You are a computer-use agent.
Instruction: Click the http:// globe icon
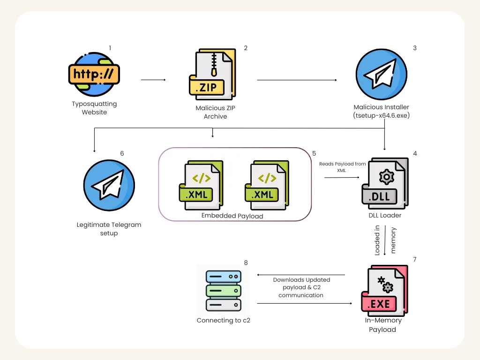(94, 74)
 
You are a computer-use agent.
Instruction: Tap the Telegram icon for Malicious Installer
(381, 75)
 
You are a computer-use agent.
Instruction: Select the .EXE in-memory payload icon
(384, 289)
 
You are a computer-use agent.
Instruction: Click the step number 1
(110, 48)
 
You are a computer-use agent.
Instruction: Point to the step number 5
(314, 153)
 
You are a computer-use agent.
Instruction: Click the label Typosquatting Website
(94, 108)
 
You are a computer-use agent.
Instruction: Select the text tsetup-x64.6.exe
(382, 116)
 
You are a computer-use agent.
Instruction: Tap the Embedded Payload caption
(232, 216)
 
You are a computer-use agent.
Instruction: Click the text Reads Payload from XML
(342, 167)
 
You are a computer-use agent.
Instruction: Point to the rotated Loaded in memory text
(385, 240)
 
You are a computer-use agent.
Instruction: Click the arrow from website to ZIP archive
(153, 80)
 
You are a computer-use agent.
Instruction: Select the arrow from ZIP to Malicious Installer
(296, 80)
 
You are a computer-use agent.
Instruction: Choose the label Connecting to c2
(223, 321)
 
